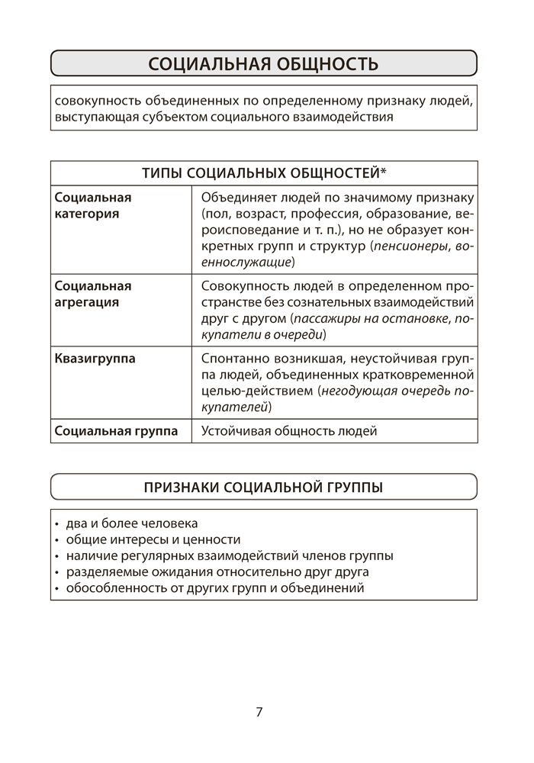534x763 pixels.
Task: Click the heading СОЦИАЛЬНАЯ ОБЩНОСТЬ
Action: [263, 63]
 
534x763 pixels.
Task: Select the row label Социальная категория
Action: [93, 205]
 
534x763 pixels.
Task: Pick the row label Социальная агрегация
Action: [93, 294]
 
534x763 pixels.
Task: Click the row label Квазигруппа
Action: [95, 358]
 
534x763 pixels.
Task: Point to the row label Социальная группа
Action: [116, 431]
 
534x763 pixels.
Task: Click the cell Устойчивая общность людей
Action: [289, 431]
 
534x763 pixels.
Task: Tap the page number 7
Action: [259, 712]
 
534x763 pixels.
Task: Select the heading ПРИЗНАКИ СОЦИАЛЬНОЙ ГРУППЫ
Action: [263, 487]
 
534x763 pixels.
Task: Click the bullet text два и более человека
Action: [131, 523]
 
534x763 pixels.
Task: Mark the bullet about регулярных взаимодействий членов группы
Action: [229, 555]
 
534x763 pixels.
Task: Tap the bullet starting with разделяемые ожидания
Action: [217, 571]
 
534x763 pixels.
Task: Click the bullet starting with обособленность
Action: [214, 588]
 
